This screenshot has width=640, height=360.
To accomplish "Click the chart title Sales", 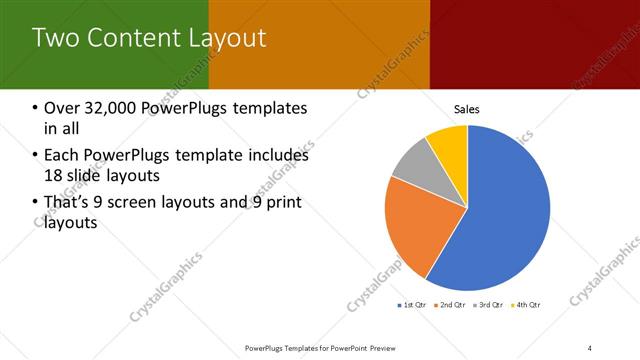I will [x=467, y=108].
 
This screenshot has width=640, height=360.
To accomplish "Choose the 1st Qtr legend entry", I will [x=415, y=304].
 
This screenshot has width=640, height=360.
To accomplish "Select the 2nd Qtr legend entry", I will [x=454, y=304].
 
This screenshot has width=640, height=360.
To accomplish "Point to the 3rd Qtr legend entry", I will [x=490, y=304].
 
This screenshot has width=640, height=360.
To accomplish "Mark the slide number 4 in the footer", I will [x=590, y=348].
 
